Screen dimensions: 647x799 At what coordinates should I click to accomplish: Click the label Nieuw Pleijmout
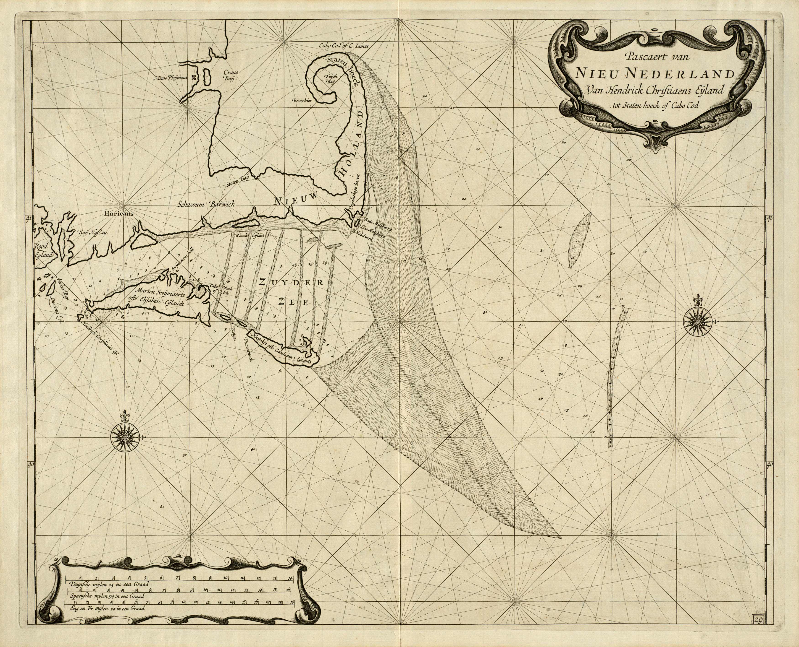tap(171, 78)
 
